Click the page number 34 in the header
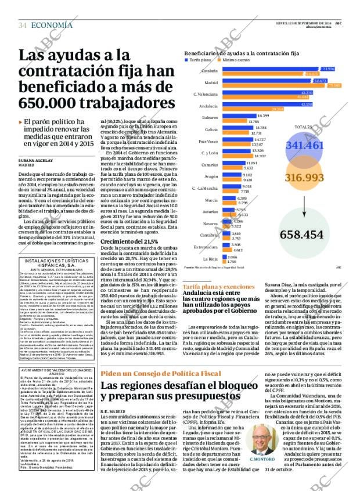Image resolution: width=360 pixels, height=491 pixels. click(23, 25)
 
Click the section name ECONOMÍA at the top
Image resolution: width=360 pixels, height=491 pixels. click(52, 25)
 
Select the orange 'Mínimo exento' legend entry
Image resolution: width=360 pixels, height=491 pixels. click(235, 59)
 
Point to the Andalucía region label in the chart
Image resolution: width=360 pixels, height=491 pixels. click(208, 106)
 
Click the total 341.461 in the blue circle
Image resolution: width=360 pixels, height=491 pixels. click(304, 145)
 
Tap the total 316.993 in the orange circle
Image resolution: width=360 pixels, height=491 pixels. click(304, 178)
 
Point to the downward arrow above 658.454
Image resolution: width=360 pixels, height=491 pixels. click(304, 209)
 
